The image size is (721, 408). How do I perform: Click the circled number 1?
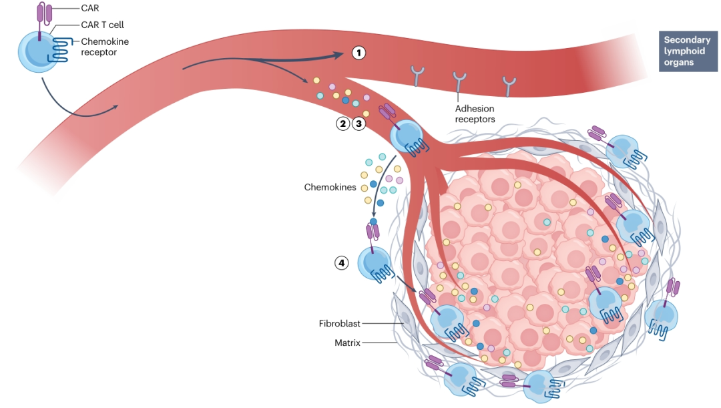pos(359,52)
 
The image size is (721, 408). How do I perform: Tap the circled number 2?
pos(343,124)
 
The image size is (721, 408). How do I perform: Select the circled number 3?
pos(359,124)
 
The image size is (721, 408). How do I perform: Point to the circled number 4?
pos(342,263)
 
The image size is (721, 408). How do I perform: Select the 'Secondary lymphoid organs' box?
pos(687,51)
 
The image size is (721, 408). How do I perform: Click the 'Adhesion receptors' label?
pos(475,114)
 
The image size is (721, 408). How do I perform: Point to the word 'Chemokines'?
pos(330,188)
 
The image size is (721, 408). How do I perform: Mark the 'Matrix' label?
pos(347,343)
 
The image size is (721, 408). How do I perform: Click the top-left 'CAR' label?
pos(89,9)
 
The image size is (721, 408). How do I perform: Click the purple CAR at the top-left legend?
pos(43,13)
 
